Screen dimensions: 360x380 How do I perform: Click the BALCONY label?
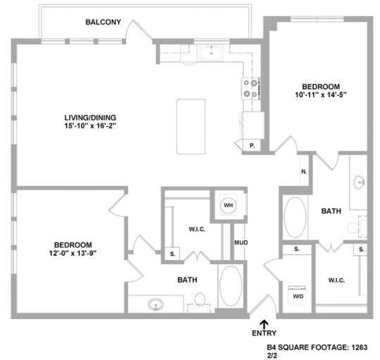[x=103, y=22]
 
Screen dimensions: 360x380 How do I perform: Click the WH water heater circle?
[x=228, y=205]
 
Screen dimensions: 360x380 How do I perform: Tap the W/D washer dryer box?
[x=298, y=295]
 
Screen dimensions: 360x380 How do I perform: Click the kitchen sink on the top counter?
[x=210, y=53]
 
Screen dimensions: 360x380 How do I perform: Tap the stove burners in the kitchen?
[x=251, y=88]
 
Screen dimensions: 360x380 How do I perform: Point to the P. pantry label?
[x=253, y=145]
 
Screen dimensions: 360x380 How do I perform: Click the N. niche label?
[x=303, y=171]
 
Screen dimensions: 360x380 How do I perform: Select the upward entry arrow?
[x=264, y=323]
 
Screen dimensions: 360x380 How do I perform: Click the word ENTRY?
[x=264, y=334]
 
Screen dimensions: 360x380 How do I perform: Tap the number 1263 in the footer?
[x=358, y=346]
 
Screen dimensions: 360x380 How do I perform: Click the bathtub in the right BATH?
[x=295, y=219]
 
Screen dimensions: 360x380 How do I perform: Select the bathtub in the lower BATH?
[x=231, y=287]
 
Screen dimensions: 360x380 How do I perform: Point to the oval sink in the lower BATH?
[x=155, y=304]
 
